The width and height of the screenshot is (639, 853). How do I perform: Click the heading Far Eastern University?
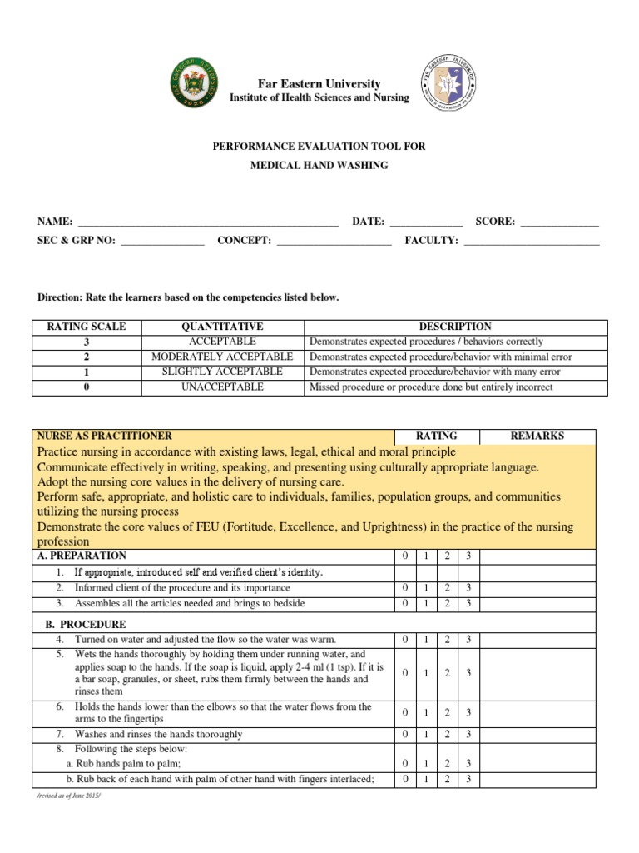319,83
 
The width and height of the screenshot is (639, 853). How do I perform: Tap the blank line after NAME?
207,222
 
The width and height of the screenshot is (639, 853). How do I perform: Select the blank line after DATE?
425,222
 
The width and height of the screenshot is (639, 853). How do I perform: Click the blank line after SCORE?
559,222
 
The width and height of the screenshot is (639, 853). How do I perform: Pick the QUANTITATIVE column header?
221,327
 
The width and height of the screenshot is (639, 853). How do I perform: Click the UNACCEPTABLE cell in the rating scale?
221,387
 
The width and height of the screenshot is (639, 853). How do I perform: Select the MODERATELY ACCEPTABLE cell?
221,357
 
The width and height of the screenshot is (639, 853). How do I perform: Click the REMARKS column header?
537,436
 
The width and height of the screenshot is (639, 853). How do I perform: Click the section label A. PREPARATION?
82,556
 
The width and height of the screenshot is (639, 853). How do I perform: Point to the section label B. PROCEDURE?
85,625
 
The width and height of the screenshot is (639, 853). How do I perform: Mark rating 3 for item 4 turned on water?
468,640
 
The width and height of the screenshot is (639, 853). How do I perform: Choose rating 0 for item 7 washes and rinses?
404,735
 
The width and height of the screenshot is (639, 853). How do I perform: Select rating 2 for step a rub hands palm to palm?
447,764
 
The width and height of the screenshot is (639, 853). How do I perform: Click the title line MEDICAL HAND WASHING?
319,166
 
